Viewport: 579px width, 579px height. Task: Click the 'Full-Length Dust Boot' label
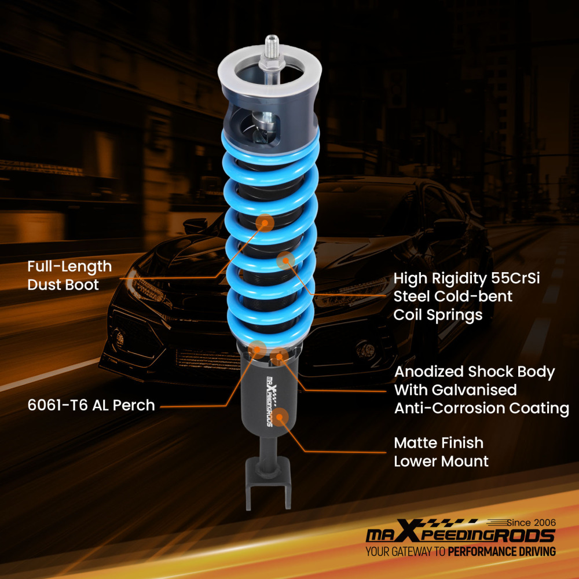pyautogui.click(x=69, y=275)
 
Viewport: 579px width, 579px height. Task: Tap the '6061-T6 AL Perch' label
pyautogui.click(x=91, y=405)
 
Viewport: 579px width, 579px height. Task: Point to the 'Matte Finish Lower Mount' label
pyautogui.click(x=441, y=452)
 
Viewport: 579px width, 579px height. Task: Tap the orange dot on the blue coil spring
pyautogui.click(x=285, y=261)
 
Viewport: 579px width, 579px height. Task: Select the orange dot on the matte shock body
pyautogui.click(x=282, y=416)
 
